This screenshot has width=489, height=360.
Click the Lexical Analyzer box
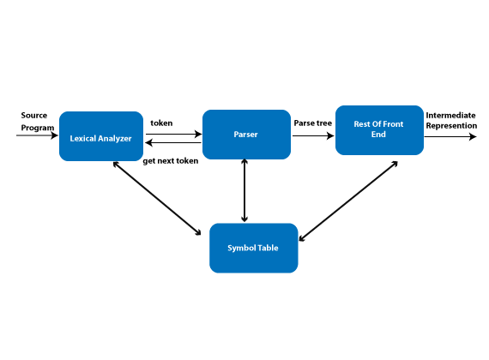[x=101, y=136]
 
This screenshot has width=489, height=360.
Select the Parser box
[x=247, y=135]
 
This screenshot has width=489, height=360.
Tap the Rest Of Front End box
[x=379, y=130]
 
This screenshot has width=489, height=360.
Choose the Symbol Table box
[x=254, y=248]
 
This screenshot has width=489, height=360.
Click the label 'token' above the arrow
[x=161, y=123]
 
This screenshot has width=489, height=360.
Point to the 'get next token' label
[x=171, y=161]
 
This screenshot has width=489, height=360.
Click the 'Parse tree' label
[x=313, y=123]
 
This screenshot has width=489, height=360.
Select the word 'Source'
[x=34, y=116]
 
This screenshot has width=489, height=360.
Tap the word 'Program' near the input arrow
[x=38, y=128]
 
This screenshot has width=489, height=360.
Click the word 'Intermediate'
[x=450, y=116]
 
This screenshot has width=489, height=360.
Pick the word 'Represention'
[x=451, y=126]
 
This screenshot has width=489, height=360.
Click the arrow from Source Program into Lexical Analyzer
[x=37, y=135]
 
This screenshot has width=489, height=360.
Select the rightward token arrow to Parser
[x=173, y=134]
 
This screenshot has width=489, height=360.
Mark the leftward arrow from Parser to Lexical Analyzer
[x=173, y=143]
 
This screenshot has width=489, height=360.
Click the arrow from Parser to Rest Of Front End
[x=313, y=135]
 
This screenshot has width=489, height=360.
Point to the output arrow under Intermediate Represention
[x=450, y=136]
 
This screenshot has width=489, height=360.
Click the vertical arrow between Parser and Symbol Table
[x=244, y=190]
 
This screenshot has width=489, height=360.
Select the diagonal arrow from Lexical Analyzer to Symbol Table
[x=157, y=198]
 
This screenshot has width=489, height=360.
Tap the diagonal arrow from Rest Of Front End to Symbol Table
[x=348, y=201]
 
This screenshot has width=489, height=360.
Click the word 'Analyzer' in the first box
[x=116, y=139]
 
